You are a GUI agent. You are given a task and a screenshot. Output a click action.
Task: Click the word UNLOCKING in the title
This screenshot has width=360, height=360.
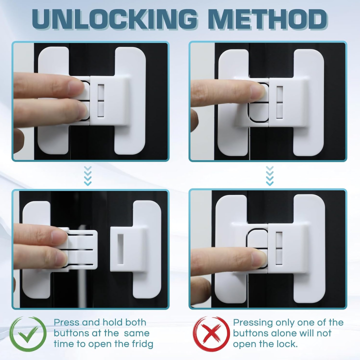[116, 20]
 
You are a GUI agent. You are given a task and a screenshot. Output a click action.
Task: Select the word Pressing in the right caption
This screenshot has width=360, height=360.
[251, 322]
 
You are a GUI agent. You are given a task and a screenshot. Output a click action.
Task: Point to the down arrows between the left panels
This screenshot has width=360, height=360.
[87, 176]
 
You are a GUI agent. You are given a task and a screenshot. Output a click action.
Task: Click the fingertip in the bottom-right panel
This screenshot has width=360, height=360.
[256, 258]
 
